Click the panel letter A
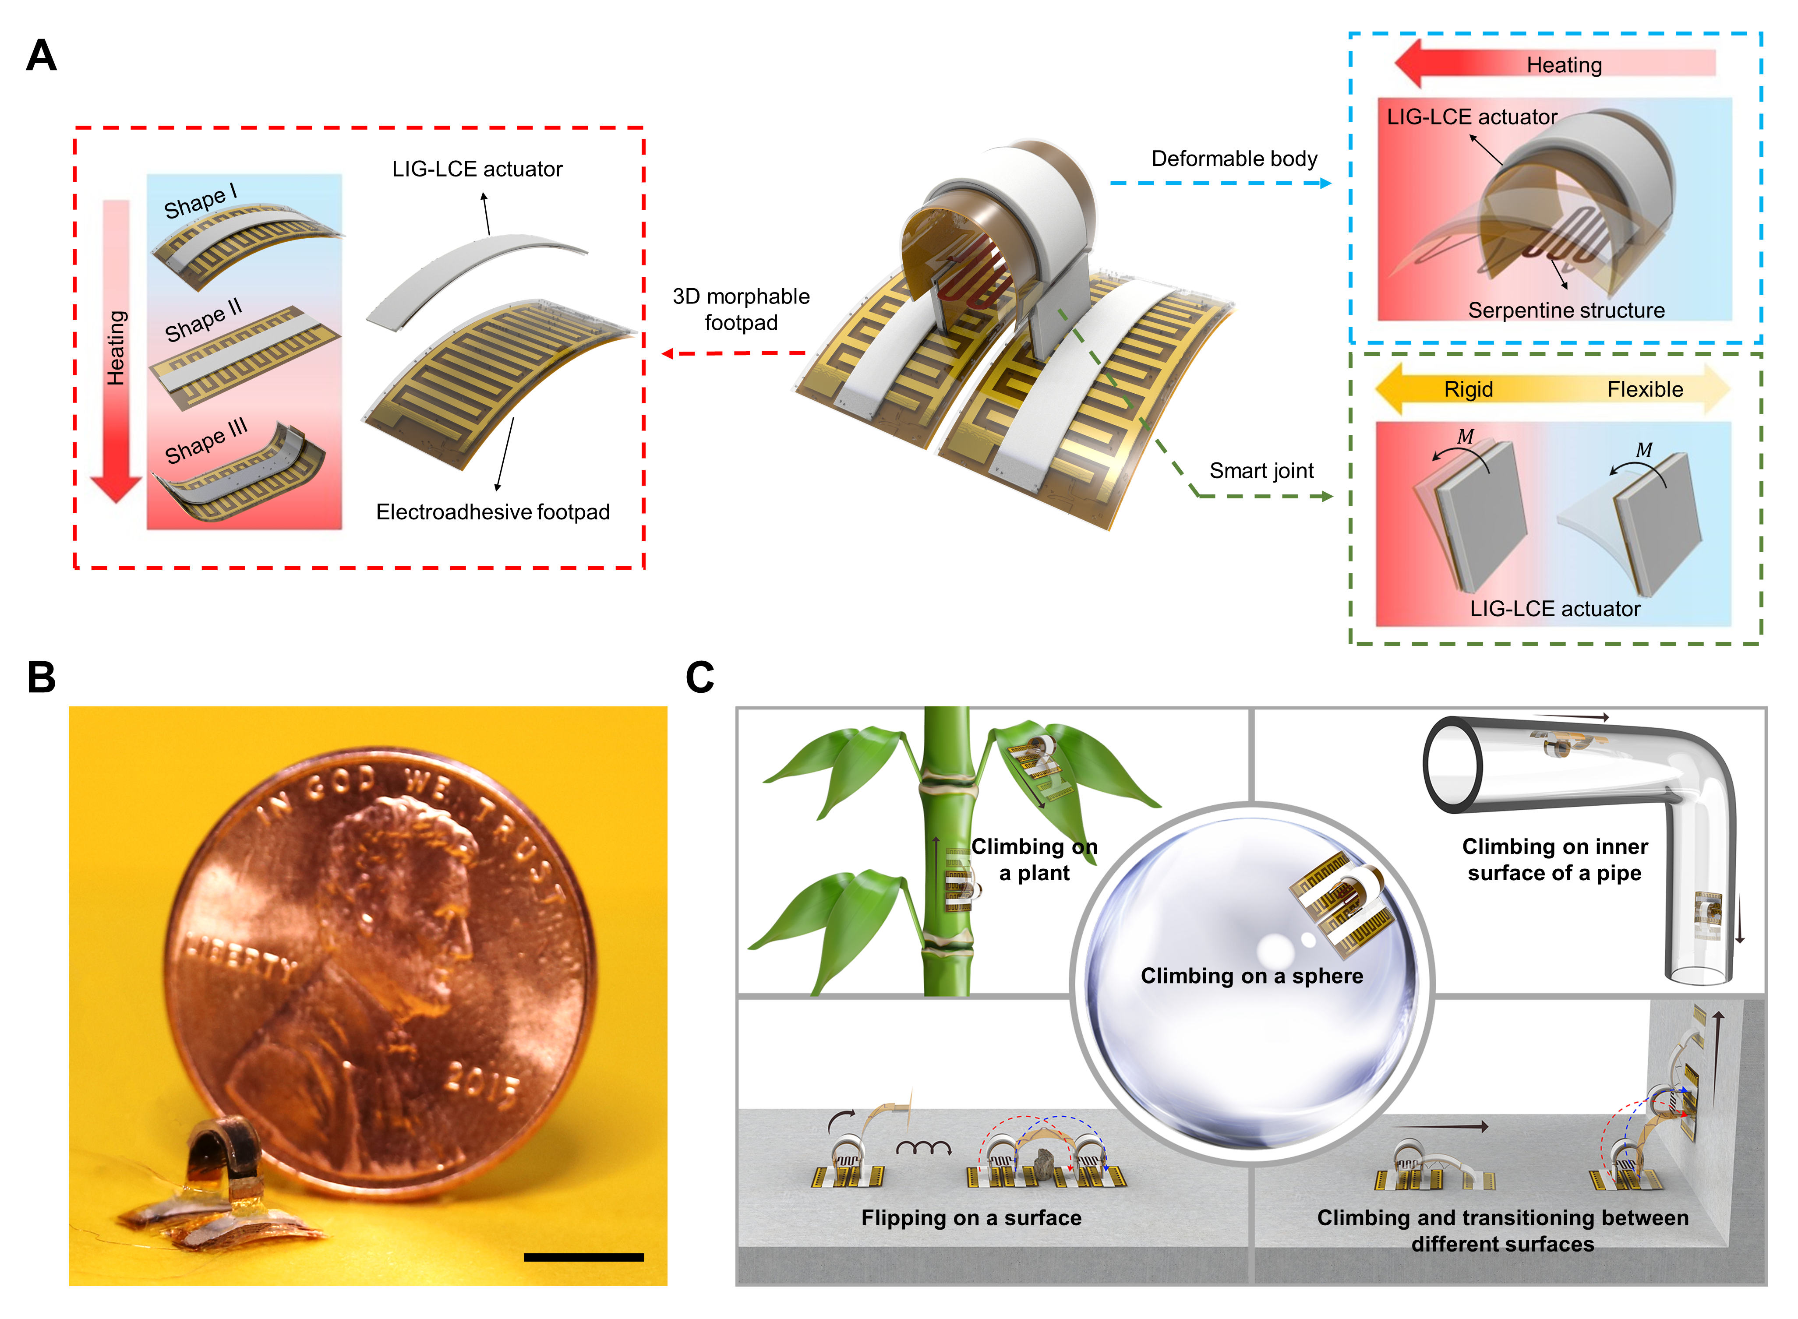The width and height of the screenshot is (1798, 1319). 42,56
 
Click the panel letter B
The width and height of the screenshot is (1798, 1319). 42,677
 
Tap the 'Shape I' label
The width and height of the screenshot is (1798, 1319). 200,201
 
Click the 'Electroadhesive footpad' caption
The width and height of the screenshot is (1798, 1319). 493,512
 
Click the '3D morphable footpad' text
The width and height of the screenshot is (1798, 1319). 741,309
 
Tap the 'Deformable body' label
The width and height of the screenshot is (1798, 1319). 1233,159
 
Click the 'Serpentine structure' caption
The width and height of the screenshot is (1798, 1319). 1566,310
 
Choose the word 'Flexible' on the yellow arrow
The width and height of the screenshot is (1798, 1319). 1645,390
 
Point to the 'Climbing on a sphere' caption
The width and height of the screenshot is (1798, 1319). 1251,976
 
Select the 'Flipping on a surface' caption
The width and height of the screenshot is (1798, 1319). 971,1217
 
